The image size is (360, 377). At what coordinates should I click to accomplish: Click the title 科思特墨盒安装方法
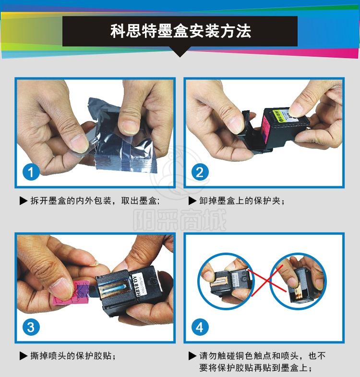[x=181, y=31]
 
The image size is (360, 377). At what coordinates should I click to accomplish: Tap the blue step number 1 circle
[x=31, y=172]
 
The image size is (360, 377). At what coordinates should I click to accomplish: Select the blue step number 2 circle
[x=200, y=172]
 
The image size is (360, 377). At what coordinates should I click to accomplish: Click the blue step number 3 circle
[x=31, y=327]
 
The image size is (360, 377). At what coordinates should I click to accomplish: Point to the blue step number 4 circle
[x=200, y=327]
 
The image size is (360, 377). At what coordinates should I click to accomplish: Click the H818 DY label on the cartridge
[x=137, y=286]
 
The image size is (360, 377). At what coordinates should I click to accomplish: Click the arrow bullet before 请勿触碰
[x=192, y=356]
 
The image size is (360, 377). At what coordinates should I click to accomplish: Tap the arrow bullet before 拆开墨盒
[x=24, y=201]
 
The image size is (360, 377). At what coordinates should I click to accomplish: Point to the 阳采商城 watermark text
[x=180, y=220]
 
